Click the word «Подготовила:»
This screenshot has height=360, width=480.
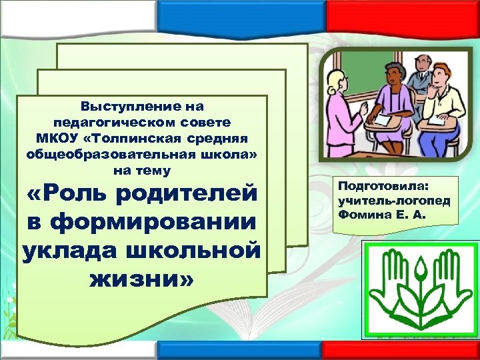[x=376, y=187]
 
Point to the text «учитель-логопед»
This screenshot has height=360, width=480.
[x=385, y=201]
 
